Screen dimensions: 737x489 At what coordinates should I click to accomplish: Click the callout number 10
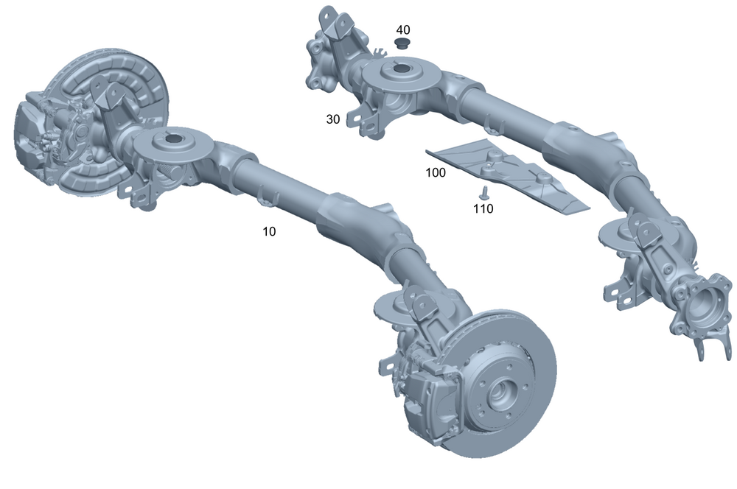[269, 231]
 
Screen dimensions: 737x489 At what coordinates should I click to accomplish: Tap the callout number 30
[333, 119]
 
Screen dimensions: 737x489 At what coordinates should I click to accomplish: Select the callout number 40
[403, 30]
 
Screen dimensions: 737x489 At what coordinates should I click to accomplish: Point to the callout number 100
[436, 173]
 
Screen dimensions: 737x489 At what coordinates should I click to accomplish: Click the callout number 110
[483, 208]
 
